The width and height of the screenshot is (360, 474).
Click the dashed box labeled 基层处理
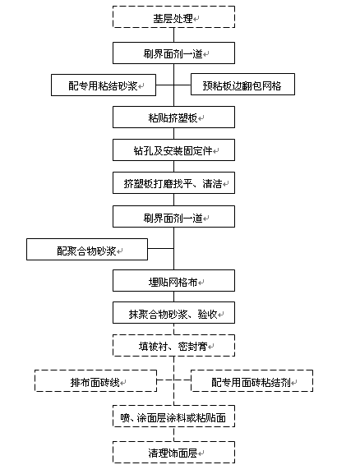coord(173,17)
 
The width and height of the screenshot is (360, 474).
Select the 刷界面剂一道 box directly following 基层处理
coord(173,53)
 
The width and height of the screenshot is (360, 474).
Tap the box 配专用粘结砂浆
coord(104,85)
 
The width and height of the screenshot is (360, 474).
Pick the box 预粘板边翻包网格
coord(242,84)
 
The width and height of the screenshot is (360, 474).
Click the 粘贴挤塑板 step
coord(173,117)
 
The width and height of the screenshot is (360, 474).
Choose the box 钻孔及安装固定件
coord(173,150)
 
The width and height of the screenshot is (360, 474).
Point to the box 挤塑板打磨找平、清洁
coord(173,183)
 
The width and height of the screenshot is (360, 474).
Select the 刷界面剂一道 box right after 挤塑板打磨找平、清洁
coord(173,216)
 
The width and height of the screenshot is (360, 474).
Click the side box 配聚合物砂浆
coord(87,250)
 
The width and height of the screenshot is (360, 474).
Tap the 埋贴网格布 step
coord(173,281)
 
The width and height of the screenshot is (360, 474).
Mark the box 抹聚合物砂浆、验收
coord(173,312)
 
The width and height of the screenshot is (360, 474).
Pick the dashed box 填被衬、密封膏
coord(173,345)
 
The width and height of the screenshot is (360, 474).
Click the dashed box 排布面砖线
coord(95,381)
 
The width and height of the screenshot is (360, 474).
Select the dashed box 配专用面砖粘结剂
coord(252,381)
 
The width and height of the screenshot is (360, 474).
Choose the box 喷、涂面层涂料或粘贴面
coord(173,416)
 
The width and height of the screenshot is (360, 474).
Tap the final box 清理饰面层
coord(173,453)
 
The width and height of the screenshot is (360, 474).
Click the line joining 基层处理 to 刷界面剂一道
coord(173,35)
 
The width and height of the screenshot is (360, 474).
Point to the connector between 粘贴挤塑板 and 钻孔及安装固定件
coord(173,134)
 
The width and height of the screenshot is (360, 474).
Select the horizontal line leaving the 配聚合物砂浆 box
coord(160,248)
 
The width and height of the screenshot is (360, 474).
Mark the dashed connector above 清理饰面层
coord(173,435)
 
